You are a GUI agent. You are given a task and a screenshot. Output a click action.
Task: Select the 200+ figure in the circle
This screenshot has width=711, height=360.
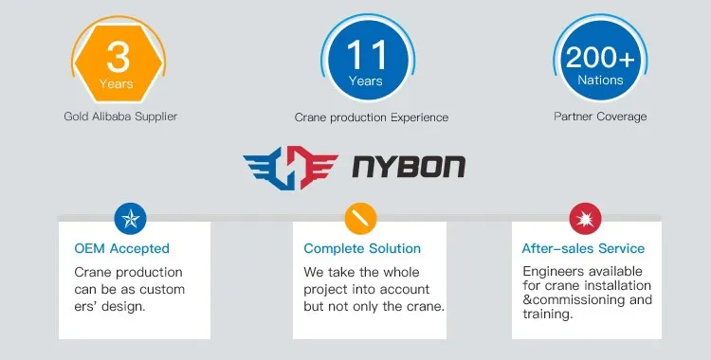pos(600,57)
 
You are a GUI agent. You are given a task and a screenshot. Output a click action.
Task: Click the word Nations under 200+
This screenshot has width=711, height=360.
pos(600,81)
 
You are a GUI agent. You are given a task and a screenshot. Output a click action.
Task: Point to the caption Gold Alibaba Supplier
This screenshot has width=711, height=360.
pos(120,117)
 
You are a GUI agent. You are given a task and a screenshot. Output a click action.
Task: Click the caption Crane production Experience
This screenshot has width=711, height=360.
pos(371,117)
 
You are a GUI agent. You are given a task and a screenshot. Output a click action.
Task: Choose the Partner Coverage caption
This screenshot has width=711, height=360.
pos(600,117)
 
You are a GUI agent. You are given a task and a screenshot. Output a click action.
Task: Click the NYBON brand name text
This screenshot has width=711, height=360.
pos(409,167)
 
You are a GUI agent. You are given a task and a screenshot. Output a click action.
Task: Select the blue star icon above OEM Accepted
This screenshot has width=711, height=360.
pos(129,218)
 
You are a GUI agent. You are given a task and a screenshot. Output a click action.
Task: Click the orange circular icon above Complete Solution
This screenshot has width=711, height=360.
pos(359,218)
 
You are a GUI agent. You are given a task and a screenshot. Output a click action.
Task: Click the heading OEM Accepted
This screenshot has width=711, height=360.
pos(121,249)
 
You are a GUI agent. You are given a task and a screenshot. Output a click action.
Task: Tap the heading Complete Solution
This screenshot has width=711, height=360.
pos(362,249)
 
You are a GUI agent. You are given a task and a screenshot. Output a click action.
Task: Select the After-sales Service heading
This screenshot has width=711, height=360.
pos(583,249)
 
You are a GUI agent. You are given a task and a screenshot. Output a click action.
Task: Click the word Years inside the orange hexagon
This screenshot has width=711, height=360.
pos(118,83)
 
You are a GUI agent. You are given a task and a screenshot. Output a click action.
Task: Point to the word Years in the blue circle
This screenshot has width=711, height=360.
pos(365,81)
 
